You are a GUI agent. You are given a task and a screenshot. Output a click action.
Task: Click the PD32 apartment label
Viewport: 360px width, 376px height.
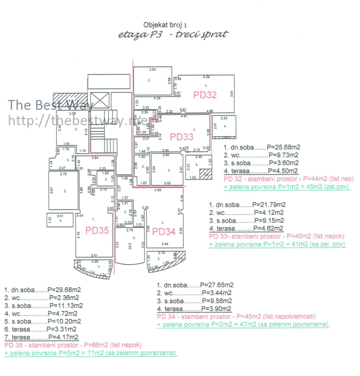click(x=205, y=95)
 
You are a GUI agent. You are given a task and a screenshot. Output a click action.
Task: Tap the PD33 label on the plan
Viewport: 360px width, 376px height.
click(x=182, y=136)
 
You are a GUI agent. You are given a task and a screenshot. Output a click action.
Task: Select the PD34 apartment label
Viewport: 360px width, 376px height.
click(x=165, y=231)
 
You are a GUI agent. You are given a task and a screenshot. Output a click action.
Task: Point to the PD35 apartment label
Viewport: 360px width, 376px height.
click(x=97, y=230)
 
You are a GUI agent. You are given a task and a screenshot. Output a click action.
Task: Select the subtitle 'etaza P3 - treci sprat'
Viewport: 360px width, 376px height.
click(x=173, y=35)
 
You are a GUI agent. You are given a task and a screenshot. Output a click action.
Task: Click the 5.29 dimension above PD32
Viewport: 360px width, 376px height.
click(x=207, y=76)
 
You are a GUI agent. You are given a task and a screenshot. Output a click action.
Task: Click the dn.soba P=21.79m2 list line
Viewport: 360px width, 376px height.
click(x=247, y=205)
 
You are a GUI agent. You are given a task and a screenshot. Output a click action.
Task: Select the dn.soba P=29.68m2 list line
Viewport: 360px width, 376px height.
click(x=43, y=290)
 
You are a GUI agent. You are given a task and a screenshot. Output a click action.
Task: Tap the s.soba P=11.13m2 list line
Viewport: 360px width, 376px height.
click(x=43, y=306)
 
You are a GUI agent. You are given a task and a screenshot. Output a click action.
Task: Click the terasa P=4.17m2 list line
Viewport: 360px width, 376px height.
click(x=42, y=337)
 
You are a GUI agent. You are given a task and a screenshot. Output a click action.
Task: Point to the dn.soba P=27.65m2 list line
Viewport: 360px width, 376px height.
click(x=195, y=285)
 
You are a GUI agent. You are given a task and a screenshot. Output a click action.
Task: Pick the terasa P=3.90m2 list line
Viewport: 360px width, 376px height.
click(x=194, y=309)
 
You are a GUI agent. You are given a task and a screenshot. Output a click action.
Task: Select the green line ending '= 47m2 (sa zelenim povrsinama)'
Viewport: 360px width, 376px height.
click(x=243, y=325)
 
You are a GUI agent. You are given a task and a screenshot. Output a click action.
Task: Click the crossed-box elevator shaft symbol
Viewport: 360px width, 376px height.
click(x=99, y=101)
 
